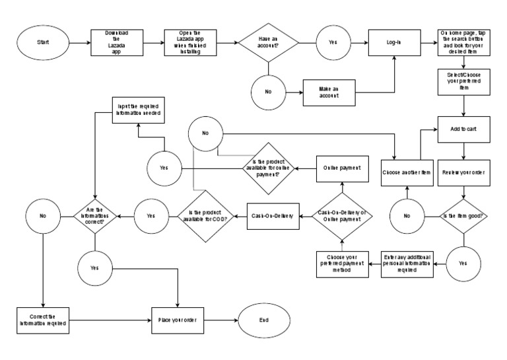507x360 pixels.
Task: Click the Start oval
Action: (x=43, y=44)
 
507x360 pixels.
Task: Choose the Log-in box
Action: (x=394, y=44)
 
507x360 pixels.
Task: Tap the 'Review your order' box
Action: (x=465, y=173)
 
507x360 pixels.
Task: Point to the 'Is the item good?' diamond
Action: (x=465, y=215)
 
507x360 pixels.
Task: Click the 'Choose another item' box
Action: (x=407, y=173)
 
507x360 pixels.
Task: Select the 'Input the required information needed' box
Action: (x=138, y=108)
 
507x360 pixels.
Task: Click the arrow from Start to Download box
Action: (x=79, y=44)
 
